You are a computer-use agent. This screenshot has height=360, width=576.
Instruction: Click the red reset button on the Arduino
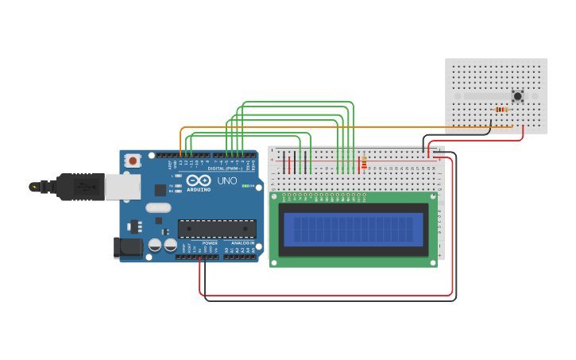pyautogui.click(x=133, y=161)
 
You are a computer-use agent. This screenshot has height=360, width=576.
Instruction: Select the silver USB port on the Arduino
pyautogui.click(x=122, y=187)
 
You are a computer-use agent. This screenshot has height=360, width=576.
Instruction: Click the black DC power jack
pyautogui.click(x=128, y=248)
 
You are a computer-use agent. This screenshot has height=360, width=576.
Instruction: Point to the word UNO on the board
pyautogui.click(x=227, y=181)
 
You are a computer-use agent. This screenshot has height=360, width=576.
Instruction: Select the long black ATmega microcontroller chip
pyautogui.click(x=216, y=229)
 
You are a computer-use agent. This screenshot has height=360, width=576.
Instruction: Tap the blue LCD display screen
pyautogui.click(x=354, y=229)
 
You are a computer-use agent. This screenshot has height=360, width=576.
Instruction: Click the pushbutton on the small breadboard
pyautogui.click(x=518, y=96)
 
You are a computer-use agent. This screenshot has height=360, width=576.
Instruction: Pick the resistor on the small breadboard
pyautogui.click(x=501, y=110)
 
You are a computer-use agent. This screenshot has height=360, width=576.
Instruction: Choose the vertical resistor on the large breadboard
pyautogui.click(x=364, y=163)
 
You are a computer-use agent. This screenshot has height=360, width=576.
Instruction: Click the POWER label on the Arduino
pyautogui.click(x=210, y=243)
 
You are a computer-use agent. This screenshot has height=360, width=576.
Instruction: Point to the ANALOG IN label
pyautogui.click(x=242, y=243)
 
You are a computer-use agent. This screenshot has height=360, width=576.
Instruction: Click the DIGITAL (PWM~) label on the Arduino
pyautogui.click(x=226, y=168)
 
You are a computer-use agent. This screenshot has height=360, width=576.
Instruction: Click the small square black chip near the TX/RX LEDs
pyautogui.click(x=160, y=189)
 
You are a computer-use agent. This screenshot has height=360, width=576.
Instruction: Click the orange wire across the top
pyautogui.click(x=318, y=127)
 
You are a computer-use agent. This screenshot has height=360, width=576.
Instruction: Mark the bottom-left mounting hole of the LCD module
pyautogui.click(x=274, y=262)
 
